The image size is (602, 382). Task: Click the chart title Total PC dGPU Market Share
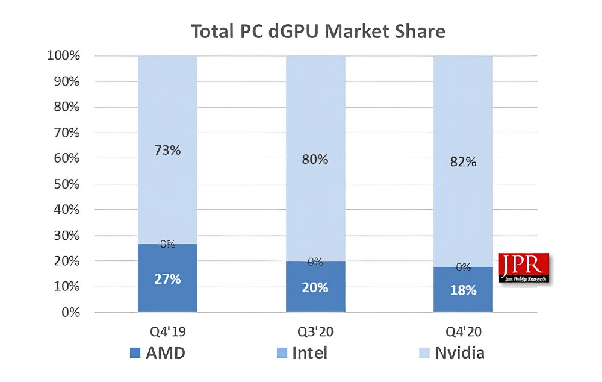point(318,31)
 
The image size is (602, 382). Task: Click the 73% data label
point(167,150)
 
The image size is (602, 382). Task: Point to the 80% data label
point(315,159)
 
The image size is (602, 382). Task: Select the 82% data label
point(463,161)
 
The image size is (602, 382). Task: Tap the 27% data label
point(167,279)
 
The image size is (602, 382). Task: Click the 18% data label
point(463,290)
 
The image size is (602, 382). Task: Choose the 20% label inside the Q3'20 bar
point(315,287)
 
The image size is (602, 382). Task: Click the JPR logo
point(525,268)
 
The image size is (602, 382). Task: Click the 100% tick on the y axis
point(63,56)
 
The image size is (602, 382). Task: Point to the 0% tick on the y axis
point(70,313)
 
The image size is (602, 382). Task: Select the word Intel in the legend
point(309,352)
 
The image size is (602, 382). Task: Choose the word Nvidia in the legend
point(459,352)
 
